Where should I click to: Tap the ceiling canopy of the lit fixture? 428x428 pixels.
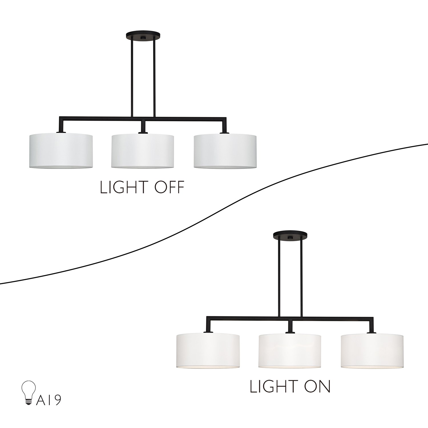pos(290,235)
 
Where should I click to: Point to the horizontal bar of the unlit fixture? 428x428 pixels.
pos(143,118)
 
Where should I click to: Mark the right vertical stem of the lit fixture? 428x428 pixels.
pos(301,277)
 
